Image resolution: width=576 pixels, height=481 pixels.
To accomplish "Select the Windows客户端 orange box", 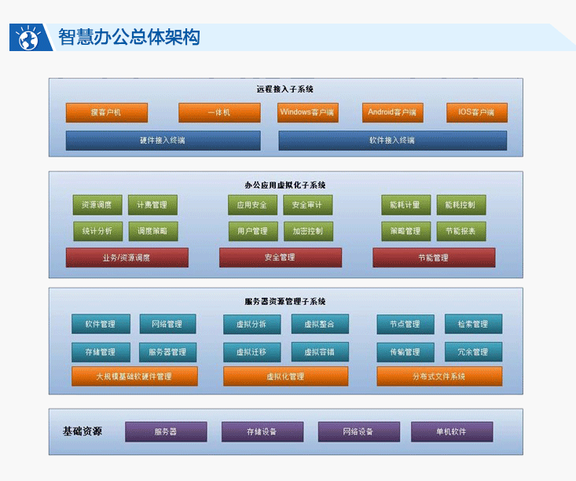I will (x=308, y=112).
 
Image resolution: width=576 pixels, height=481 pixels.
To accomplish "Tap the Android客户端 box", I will (x=393, y=112).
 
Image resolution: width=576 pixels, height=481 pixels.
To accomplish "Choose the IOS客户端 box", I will (x=476, y=112).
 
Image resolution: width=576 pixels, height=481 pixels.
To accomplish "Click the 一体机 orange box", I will (x=219, y=112).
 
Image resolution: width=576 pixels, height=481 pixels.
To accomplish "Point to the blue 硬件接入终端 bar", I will (x=163, y=141).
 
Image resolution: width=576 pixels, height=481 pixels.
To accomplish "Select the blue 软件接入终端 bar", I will (x=392, y=141).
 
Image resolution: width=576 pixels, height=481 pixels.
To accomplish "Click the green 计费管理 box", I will (x=152, y=205).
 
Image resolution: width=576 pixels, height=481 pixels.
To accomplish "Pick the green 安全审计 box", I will (x=307, y=205).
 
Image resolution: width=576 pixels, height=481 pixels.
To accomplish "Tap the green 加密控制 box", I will (x=307, y=231).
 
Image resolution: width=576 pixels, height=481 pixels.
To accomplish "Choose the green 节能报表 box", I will (x=460, y=231).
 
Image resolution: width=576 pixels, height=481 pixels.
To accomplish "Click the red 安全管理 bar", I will (x=280, y=257).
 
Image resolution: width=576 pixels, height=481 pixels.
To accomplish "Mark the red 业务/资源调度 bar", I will (x=127, y=257).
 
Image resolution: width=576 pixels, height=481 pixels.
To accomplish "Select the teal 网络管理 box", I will (x=168, y=324).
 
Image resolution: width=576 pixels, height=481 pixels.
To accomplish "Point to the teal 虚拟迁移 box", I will (x=251, y=351).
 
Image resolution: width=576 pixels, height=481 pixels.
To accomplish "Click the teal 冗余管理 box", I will (x=473, y=351).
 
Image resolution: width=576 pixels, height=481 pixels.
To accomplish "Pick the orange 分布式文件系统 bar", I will (x=439, y=376).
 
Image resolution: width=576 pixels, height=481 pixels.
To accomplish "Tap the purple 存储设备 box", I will (x=262, y=431).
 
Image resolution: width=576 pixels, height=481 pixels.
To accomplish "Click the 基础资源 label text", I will (x=83, y=431).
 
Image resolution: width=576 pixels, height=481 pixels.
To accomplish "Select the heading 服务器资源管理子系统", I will (x=285, y=301).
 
